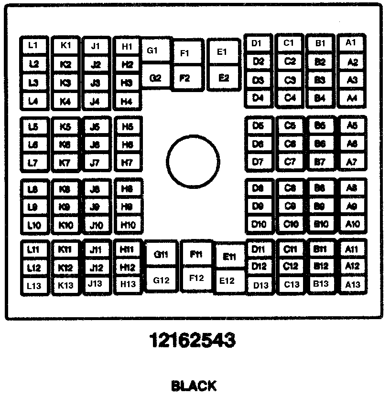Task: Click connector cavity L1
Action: [x=33, y=46]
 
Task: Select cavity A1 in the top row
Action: [x=351, y=43]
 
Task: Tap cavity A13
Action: [x=352, y=284]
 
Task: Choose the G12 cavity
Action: [x=162, y=280]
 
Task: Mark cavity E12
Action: [x=227, y=281]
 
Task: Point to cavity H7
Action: [x=127, y=162]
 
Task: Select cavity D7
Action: [x=259, y=162]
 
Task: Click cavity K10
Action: [x=65, y=225]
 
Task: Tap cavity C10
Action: [x=290, y=224]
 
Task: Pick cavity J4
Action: [x=96, y=101]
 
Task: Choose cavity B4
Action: [x=321, y=98]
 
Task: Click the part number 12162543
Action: [x=193, y=341]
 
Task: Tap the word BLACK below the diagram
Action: [x=193, y=385]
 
